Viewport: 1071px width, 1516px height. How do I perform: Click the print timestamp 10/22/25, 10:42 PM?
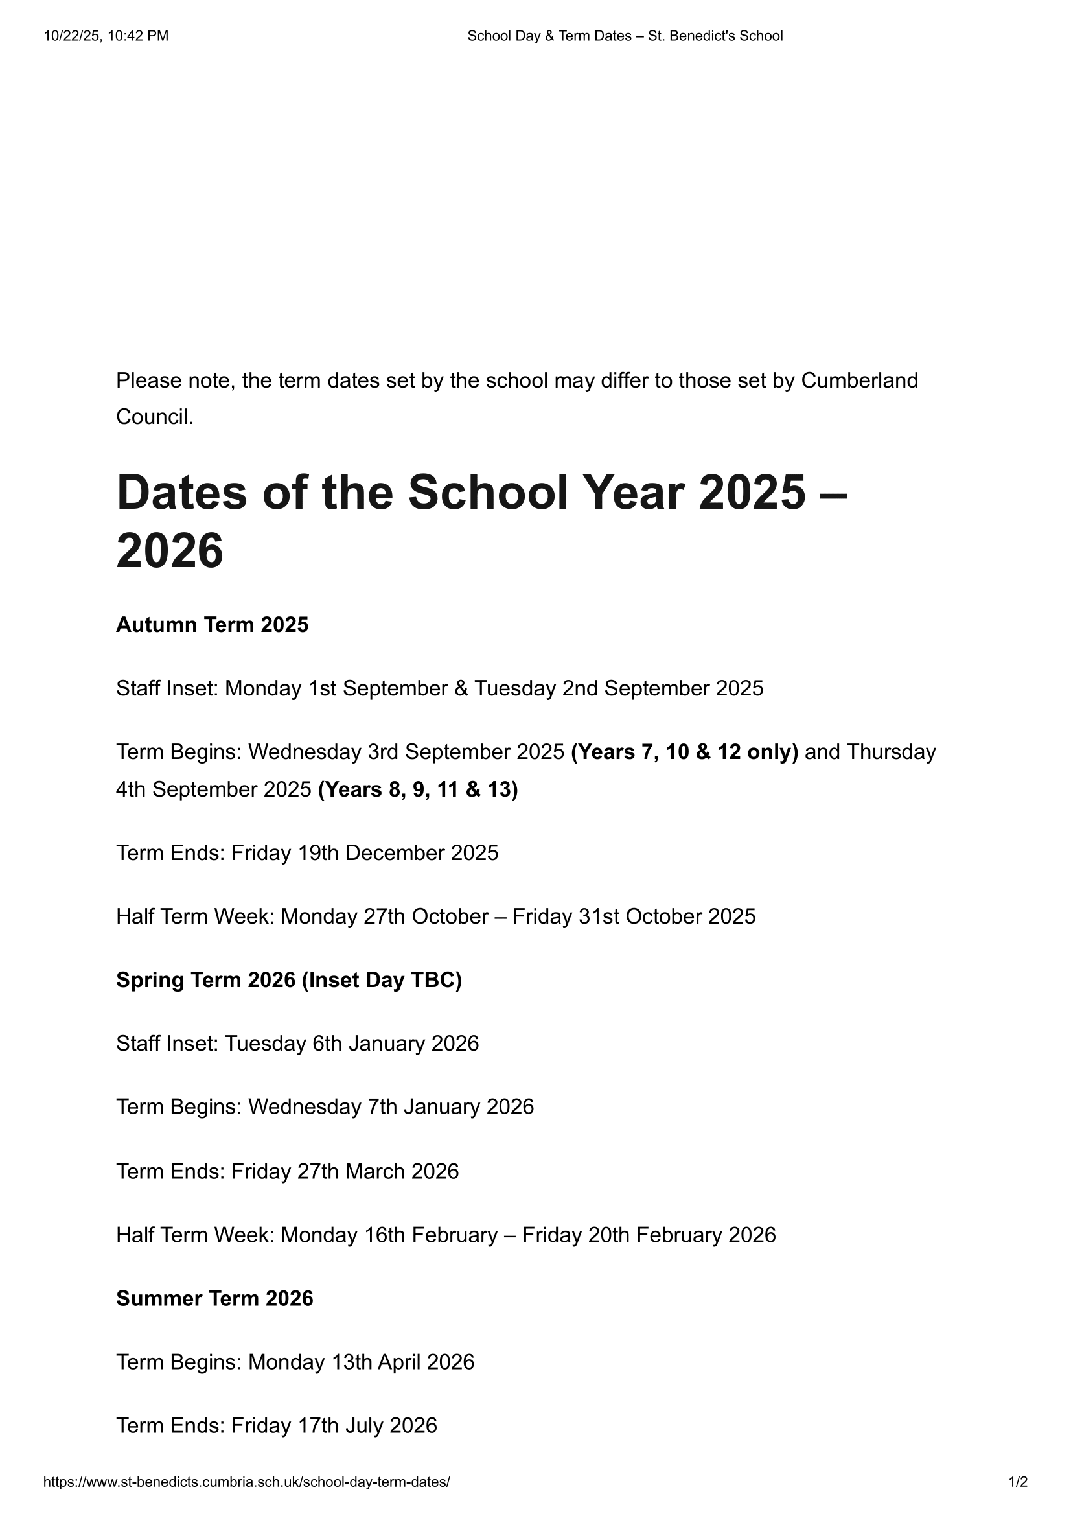106,36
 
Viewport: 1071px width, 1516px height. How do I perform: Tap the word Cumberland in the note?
859,380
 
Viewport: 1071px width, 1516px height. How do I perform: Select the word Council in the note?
154,417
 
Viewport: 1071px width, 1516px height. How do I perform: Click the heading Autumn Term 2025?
212,625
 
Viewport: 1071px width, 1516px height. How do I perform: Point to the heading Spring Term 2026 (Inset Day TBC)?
289,980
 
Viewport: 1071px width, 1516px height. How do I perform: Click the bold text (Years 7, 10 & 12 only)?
684,751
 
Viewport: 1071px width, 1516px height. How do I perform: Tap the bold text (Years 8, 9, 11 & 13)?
418,789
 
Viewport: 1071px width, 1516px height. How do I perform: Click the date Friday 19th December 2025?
365,852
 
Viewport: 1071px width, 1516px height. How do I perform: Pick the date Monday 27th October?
385,916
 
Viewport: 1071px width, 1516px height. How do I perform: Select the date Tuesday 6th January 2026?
352,1044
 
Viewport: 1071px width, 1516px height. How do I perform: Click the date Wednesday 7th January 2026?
391,1106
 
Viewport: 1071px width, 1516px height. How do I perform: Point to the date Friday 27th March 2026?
345,1171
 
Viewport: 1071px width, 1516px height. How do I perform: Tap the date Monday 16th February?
389,1234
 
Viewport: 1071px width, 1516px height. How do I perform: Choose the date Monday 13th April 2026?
361,1362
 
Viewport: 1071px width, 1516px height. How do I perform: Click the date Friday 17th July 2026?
334,1425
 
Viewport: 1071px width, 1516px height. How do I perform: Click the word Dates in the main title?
181,493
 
